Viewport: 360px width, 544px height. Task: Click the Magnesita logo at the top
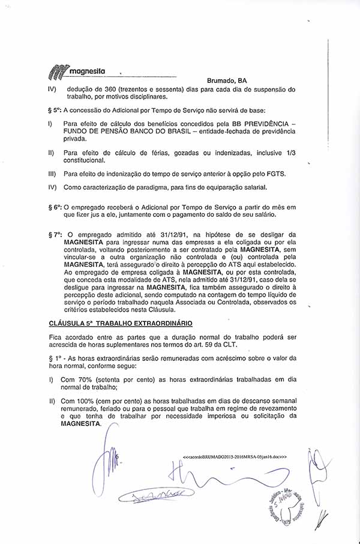[x=76, y=71]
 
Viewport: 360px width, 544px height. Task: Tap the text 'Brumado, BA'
[x=227, y=80]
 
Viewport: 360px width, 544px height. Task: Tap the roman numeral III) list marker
[x=52, y=174]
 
